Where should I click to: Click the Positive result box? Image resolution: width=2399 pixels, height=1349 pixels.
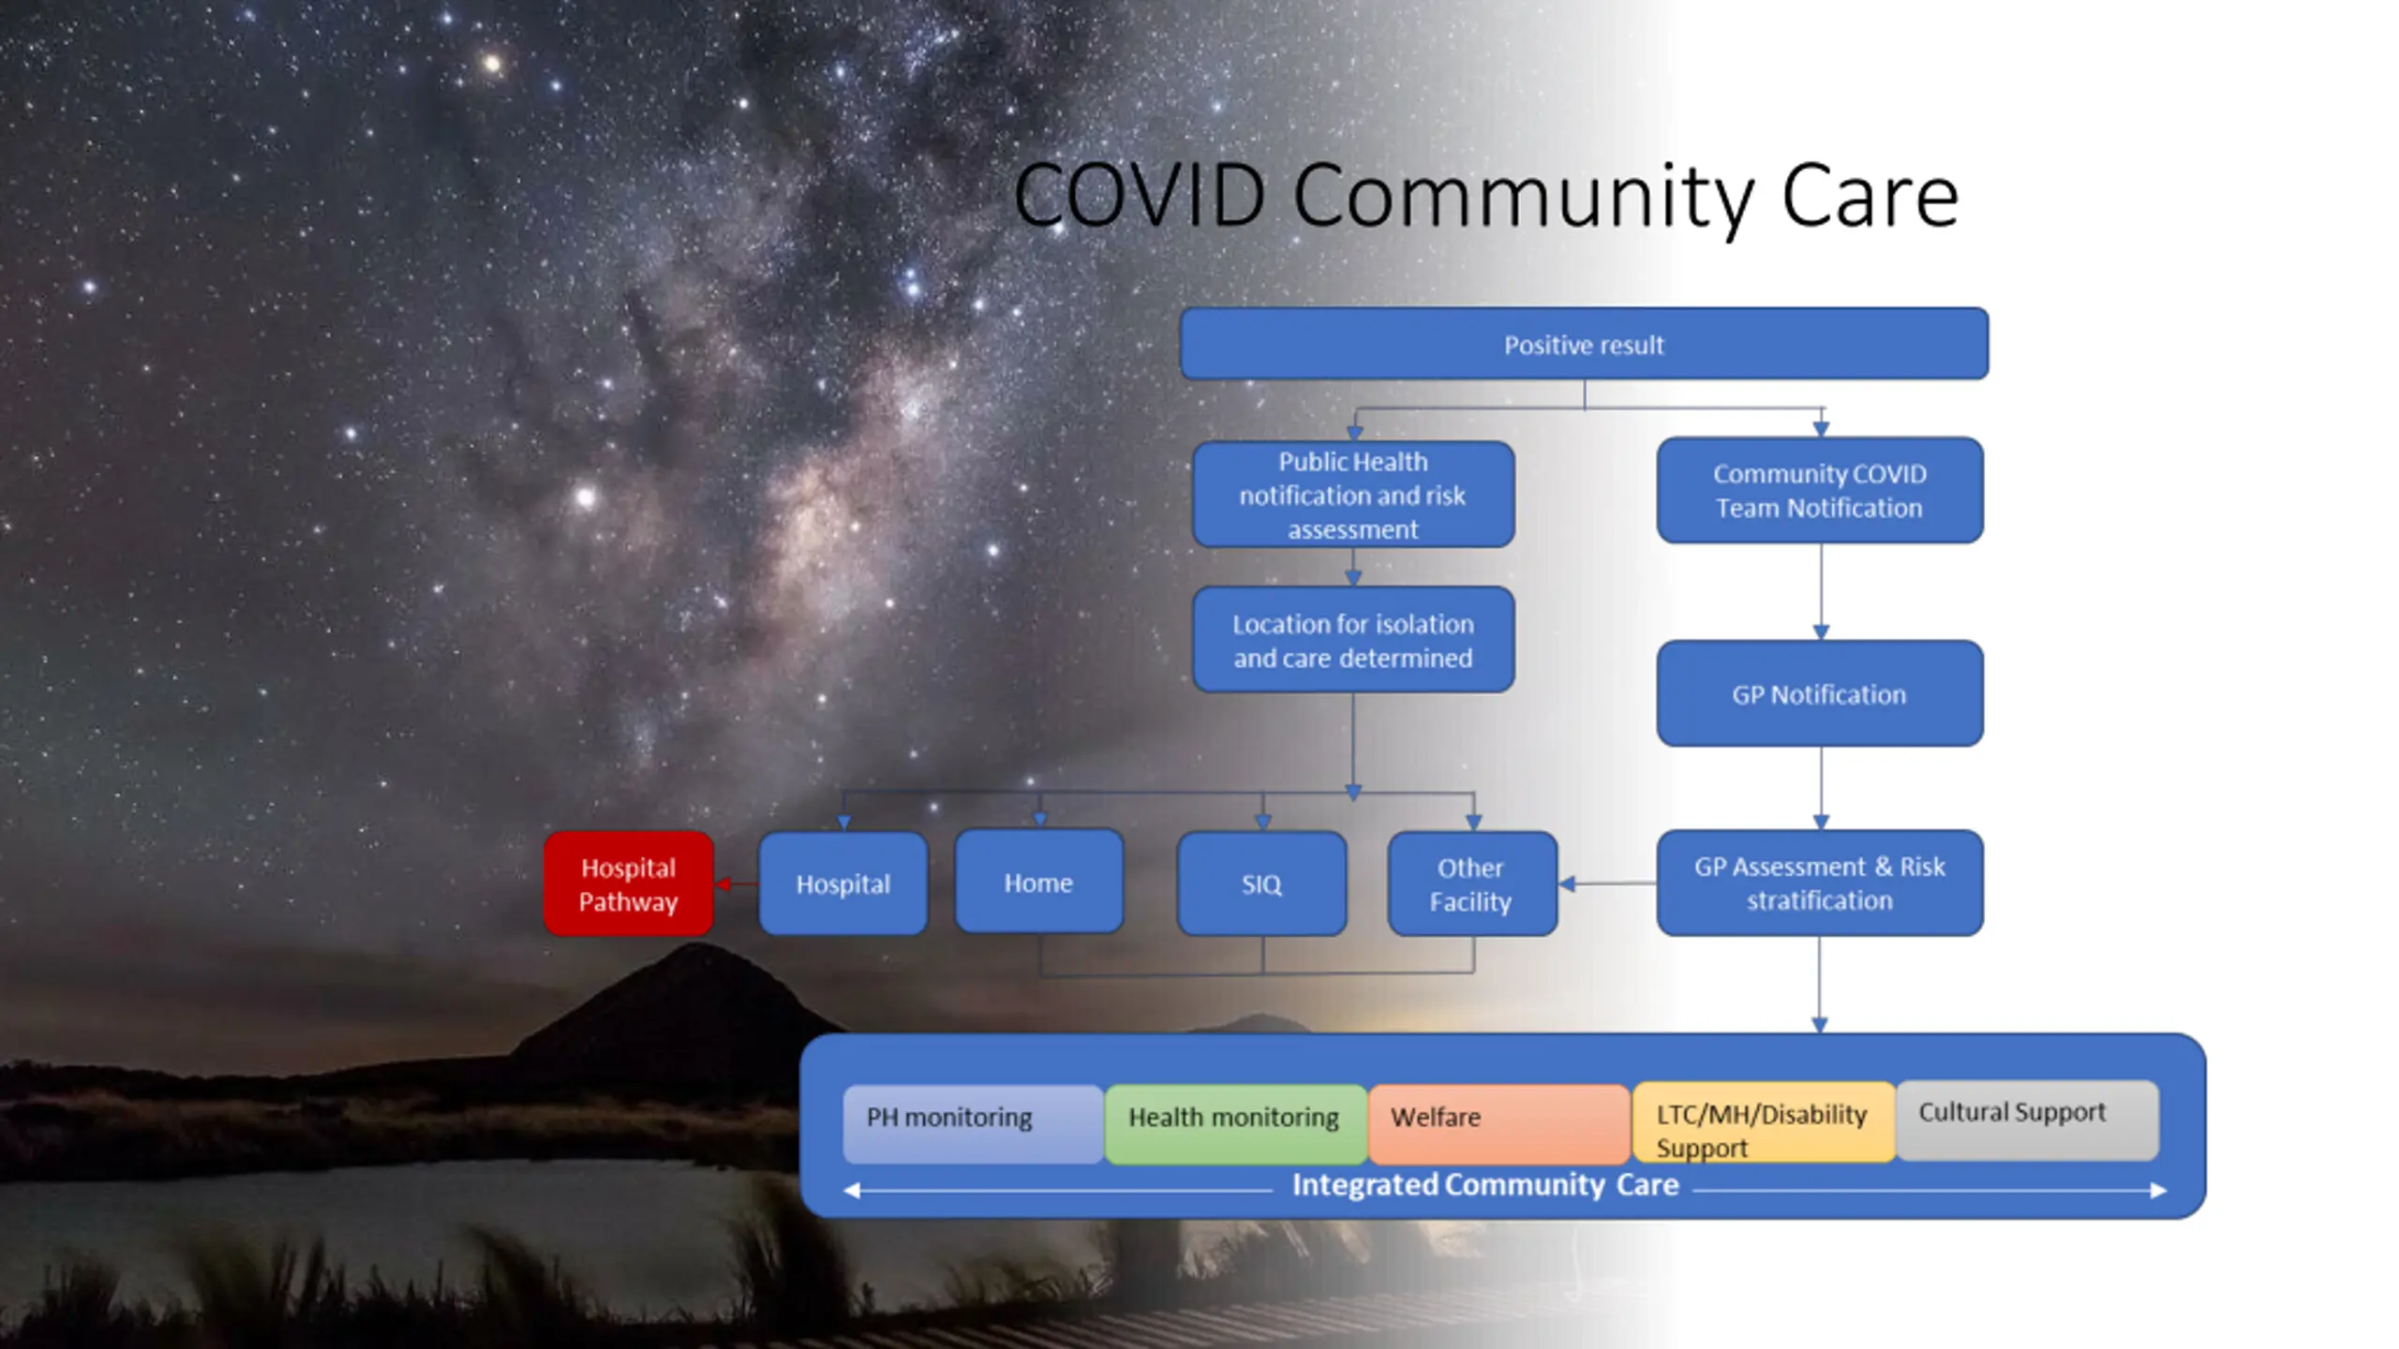(1584, 344)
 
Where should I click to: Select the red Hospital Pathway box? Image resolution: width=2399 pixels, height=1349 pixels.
(628, 883)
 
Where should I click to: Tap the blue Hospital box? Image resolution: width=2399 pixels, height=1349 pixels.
(842, 883)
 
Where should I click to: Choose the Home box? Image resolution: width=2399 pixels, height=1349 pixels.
(1038, 882)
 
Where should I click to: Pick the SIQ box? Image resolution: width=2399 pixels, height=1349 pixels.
(1261, 883)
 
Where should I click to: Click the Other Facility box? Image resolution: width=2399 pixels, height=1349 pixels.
(1471, 883)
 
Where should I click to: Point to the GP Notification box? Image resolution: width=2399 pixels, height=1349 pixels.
(1819, 693)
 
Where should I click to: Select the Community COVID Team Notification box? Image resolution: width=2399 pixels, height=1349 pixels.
(1819, 490)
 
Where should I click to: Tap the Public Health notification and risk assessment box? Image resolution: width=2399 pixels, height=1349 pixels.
(1352, 495)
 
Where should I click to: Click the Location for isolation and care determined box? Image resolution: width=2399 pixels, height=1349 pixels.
(1352, 640)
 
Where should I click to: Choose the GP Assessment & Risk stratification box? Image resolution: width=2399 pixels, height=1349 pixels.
(1819, 882)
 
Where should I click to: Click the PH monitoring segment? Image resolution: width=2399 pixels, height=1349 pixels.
(973, 1122)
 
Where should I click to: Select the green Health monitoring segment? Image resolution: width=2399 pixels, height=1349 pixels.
(1235, 1122)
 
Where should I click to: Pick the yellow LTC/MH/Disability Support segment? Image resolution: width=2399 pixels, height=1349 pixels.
(1763, 1122)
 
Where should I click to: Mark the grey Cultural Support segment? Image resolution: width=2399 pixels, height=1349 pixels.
(2027, 1119)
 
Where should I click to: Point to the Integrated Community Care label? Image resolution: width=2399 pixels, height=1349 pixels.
(1485, 1185)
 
